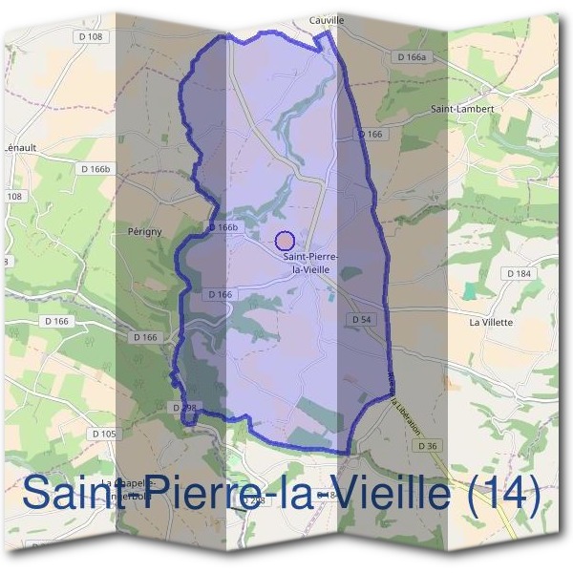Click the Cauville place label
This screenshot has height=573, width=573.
point(327,19)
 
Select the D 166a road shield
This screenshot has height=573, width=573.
point(411,57)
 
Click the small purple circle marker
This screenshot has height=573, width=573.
point(284,241)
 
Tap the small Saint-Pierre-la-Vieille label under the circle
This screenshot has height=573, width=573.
point(307,264)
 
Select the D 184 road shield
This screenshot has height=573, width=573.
point(518,273)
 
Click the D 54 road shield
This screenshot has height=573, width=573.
point(361,319)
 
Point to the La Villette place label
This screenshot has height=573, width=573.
point(491,322)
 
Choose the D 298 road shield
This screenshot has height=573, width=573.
point(185,407)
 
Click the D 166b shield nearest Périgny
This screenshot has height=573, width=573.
point(222,227)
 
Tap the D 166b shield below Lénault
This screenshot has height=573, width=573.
point(95,169)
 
